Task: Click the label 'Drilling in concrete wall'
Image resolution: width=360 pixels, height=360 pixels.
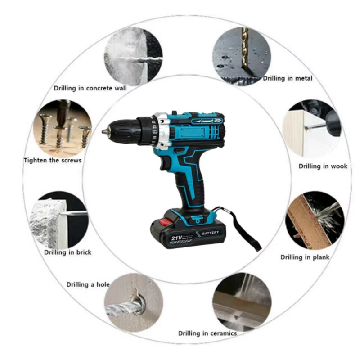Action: tap(90, 88)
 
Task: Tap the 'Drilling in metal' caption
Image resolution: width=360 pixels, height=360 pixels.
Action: tap(288, 78)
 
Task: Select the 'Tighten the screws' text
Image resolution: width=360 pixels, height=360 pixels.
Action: tap(53, 160)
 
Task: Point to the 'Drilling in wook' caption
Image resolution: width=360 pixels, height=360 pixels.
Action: tap(323, 166)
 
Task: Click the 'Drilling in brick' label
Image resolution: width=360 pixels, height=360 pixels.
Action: tap(68, 252)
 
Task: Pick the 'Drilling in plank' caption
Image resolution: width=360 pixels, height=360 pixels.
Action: tap(305, 257)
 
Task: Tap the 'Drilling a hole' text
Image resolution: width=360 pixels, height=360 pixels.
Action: tap(88, 285)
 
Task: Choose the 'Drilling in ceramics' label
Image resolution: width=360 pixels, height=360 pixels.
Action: tap(207, 333)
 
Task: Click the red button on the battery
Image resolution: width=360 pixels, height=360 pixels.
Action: tap(165, 222)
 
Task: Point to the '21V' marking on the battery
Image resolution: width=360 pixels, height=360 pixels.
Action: tap(176, 238)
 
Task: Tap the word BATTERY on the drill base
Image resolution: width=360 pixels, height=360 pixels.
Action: tap(211, 233)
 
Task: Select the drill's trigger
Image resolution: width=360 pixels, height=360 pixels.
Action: tap(165, 163)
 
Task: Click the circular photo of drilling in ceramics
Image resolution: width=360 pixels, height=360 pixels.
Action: tap(242, 302)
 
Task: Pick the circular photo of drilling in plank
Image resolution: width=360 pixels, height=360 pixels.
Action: tap(315, 220)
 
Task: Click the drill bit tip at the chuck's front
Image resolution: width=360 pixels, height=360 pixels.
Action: tap(104, 131)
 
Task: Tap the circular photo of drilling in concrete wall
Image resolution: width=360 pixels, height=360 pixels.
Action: tap(133, 57)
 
